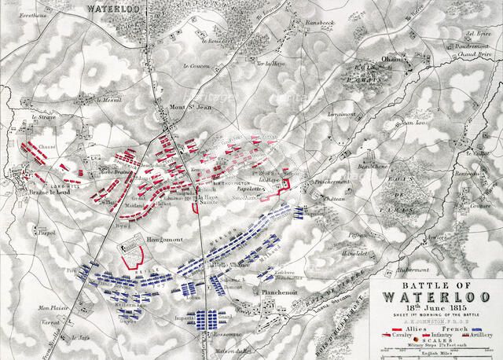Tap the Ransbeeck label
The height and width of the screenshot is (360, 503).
click(321, 24)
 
